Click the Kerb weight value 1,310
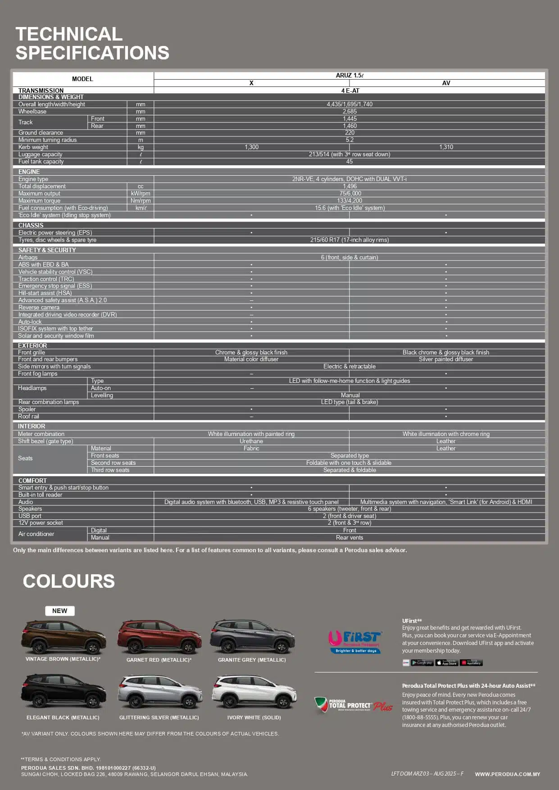tap(446, 147)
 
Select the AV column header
tap(446, 83)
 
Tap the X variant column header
tap(251, 83)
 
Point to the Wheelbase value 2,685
tap(350, 111)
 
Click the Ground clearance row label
tap(41, 133)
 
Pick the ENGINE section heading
tap(29, 172)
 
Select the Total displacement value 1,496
tap(350, 186)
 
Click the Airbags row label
tap(28, 257)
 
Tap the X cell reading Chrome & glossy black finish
tap(251, 352)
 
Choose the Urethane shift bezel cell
tap(251, 441)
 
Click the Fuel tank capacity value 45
tap(350, 162)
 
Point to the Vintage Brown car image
tap(64, 637)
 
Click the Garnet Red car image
tap(159, 637)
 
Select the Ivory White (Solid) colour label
tap(254, 717)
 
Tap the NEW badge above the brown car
tap(59, 611)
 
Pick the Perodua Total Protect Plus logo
tap(354, 705)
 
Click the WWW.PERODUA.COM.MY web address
tap(507, 774)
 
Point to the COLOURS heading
tap(69, 581)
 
